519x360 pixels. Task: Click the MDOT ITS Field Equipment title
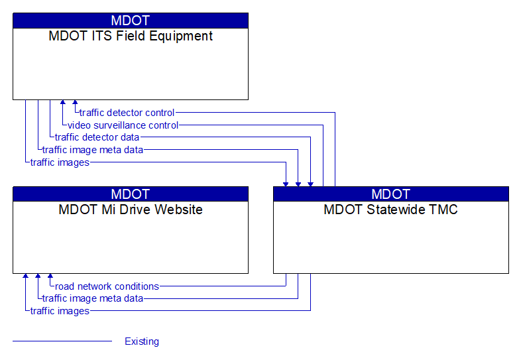(131, 36)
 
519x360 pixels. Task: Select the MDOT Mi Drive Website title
(131, 210)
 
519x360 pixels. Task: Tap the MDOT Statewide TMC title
(390, 210)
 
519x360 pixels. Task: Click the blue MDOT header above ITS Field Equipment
(131, 21)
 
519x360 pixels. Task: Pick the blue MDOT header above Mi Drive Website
(131, 194)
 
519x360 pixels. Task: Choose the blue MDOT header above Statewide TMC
(391, 194)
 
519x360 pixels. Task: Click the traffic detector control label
(127, 113)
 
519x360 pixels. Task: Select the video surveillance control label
(123, 125)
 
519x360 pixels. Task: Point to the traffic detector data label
(97, 137)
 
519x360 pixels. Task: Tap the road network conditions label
(107, 286)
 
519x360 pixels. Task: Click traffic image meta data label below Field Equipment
(93, 150)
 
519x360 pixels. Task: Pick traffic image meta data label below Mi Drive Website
(93, 299)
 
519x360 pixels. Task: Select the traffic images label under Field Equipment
(60, 162)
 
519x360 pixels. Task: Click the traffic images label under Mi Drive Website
(60, 312)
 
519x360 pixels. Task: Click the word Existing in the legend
(142, 341)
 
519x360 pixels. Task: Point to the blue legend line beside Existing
(62, 341)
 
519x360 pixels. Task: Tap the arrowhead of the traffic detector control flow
(75, 102)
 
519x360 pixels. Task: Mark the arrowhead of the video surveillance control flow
(62, 102)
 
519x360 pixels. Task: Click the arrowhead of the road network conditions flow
(50, 276)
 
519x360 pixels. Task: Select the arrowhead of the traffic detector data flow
(310, 184)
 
